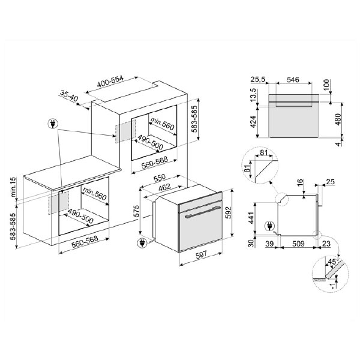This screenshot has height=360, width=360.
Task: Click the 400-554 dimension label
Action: [110, 82]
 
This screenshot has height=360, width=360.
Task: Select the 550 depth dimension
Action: [158, 179]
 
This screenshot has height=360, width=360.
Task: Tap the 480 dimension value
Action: [338, 118]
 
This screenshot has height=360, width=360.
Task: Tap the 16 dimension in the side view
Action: [300, 182]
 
